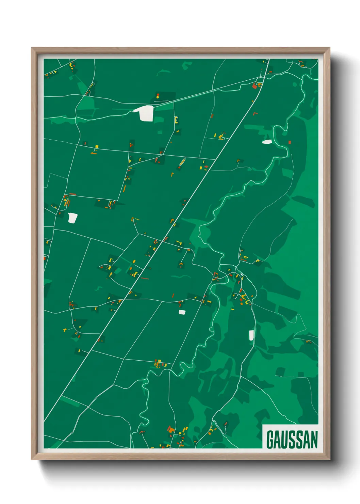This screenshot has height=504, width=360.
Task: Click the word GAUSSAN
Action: click(292, 440)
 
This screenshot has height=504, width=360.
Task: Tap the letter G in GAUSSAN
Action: click(271, 440)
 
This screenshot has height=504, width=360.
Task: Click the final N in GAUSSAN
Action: click(314, 440)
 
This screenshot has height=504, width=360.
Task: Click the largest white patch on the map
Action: click(145, 113)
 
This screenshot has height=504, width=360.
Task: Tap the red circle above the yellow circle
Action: click(158, 94)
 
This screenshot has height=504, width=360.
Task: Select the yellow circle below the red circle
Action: click(158, 97)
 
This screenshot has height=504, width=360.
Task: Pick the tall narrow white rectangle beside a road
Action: click(251, 335)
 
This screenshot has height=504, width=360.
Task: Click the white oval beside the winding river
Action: click(267, 142)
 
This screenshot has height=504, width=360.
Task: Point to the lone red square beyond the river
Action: click(290, 142)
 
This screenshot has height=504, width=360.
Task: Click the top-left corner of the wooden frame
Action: click(32, 48)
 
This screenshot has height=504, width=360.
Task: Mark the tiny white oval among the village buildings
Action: click(241, 274)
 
